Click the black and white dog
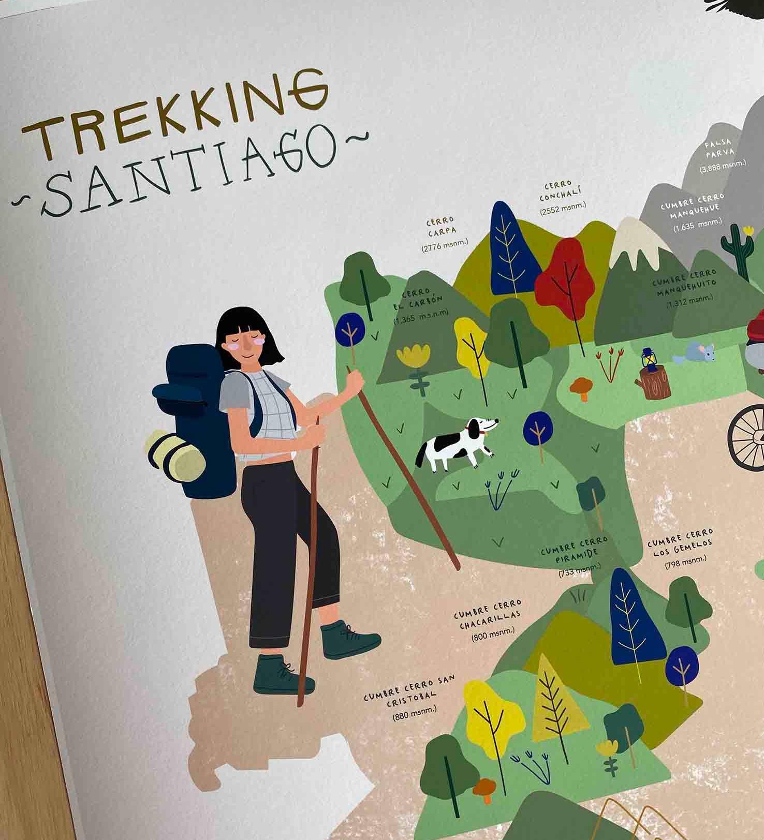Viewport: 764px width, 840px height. [x=456, y=445]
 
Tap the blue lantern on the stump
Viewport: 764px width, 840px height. [x=648, y=359]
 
